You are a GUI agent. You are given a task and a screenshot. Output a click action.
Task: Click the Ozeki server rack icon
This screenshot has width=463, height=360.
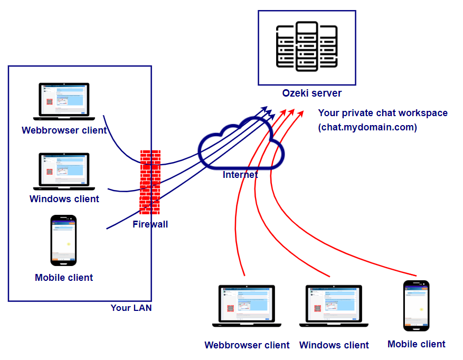pyautogui.click(x=306, y=47)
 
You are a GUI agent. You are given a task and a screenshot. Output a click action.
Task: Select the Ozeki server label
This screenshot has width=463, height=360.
pyautogui.click(x=311, y=93)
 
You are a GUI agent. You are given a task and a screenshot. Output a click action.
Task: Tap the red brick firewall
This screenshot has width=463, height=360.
pyautogui.click(x=150, y=182)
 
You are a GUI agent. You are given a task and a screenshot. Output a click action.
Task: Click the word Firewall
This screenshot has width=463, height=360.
pyautogui.click(x=150, y=224)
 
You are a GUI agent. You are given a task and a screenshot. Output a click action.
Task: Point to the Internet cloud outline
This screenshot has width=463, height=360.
pyautogui.click(x=241, y=146)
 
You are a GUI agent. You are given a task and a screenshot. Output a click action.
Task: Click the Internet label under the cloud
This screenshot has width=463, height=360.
pyautogui.click(x=240, y=175)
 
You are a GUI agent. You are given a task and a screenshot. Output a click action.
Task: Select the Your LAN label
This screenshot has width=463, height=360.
pyautogui.click(x=131, y=308)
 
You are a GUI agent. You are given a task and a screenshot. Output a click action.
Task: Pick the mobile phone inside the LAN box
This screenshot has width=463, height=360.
pyautogui.click(x=64, y=240)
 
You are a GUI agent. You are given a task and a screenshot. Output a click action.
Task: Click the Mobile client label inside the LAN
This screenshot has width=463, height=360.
pyautogui.click(x=64, y=278)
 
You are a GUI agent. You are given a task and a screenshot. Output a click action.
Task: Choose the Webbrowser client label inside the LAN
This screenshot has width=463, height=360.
pyautogui.click(x=64, y=130)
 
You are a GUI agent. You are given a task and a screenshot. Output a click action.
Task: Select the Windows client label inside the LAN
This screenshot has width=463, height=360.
pyautogui.click(x=64, y=199)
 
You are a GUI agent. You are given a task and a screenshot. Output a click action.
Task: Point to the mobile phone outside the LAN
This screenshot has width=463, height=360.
pyautogui.click(x=416, y=306)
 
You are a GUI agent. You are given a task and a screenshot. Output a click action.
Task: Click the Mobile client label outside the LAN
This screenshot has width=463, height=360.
pyautogui.click(x=416, y=344)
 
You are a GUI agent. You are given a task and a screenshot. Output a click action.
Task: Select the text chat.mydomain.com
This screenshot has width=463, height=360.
pyautogui.click(x=367, y=127)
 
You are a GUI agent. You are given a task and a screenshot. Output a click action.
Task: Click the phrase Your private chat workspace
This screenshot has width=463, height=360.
pyautogui.click(x=383, y=113)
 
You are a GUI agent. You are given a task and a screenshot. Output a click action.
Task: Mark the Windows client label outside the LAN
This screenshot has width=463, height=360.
pyautogui.click(x=334, y=345)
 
